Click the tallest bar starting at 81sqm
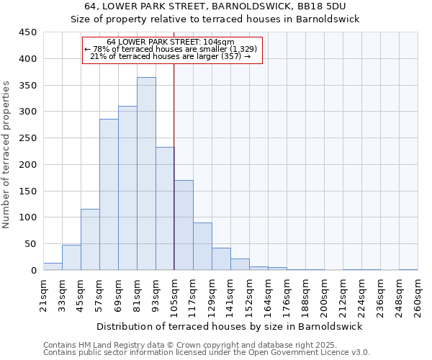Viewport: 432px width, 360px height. click(x=146, y=174)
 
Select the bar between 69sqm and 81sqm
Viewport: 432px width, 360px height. click(x=127, y=188)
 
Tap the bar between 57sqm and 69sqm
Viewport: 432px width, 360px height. click(x=109, y=194)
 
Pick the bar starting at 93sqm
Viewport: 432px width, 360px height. click(x=165, y=209)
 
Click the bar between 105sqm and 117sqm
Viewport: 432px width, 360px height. click(x=184, y=225)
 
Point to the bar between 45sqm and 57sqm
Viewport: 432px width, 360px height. click(x=90, y=240)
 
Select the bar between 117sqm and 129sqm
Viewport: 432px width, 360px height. click(x=202, y=246)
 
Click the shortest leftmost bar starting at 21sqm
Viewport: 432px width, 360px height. click(x=53, y=266)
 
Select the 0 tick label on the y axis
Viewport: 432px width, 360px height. click(x=33, y=271)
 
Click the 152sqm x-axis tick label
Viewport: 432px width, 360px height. click(x=249, y=296)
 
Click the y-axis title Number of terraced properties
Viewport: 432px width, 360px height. click(x=6, y=155)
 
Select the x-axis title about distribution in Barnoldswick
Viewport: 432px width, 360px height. click(x=230, y=326)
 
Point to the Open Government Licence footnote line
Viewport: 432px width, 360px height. click(x=206, y=353)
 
